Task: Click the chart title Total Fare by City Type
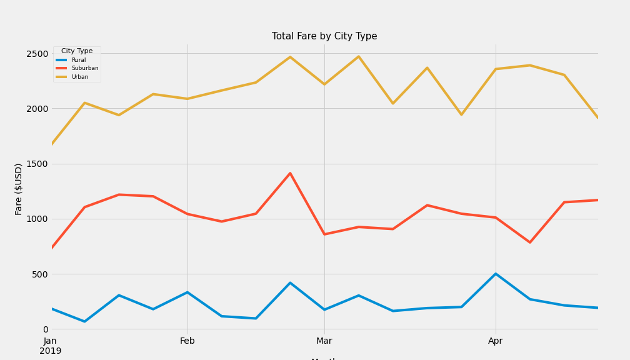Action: coord(324,36)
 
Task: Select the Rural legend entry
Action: coord(78,60)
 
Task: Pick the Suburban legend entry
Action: coord(84,68)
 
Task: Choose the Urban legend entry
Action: coord(79,77)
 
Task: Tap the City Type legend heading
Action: coord(77,51)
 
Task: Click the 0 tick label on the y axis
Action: coord(45,329)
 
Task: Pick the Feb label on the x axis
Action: coord(187,341)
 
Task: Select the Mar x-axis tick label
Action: coord(324,341)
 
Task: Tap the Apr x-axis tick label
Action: coord(496,341)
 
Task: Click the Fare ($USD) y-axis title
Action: coord(19,189)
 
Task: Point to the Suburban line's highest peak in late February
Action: coord(290,173)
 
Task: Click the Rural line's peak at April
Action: coord(496,274)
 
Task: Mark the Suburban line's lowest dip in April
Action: coord(530,242)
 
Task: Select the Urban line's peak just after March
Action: coord(359,57)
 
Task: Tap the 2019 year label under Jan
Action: coord(51,351)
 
